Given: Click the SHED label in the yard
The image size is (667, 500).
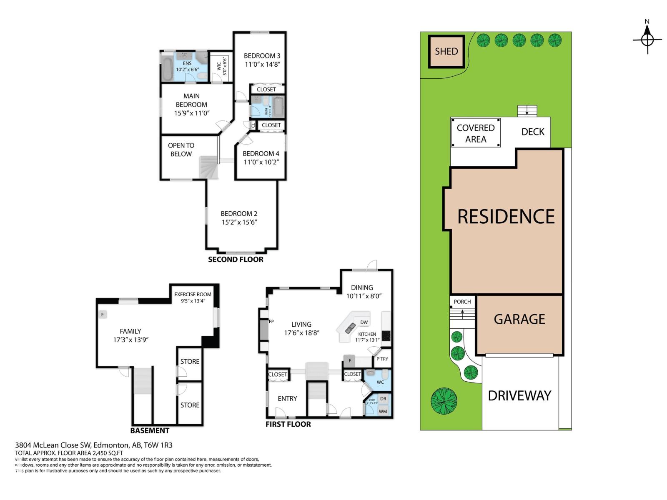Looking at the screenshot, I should point(446,51).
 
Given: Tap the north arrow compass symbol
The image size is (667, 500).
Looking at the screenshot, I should point(647,40).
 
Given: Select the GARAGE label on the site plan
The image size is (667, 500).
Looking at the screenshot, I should point(519,319).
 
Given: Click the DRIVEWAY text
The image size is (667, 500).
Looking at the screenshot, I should point(519,395).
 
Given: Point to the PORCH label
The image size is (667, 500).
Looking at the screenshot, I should point(462,302).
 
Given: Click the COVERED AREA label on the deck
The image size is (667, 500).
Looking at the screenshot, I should point(475,133).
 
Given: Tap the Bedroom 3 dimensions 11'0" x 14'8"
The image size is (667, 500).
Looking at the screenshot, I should point(262,65).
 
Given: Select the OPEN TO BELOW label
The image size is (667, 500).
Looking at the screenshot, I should point(181,150).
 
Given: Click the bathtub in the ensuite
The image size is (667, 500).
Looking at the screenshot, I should point(167,69).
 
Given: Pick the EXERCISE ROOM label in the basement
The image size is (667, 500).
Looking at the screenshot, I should point(193,294).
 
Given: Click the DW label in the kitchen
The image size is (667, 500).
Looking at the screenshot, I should point(364,322).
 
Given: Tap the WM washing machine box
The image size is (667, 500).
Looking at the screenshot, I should point(383,411).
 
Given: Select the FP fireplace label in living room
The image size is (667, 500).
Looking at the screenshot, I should point(271,322).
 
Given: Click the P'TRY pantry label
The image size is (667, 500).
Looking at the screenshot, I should point(382,359).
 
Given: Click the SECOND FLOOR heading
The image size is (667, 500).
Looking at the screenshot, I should point(236,260).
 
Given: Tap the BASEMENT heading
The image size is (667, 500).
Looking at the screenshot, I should point(150,430).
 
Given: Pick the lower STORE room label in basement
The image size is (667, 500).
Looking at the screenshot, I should point(190,405).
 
